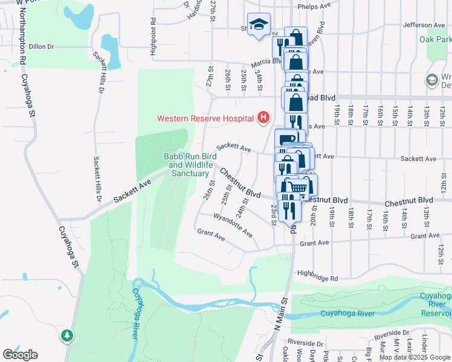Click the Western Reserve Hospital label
[x=205, y=118]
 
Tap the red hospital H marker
[x=263, y=117]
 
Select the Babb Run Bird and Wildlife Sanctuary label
[x=190, y=165]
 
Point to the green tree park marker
[x=68, y=335]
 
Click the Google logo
[x=20, y=354]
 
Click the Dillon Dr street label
[x=42, y=46]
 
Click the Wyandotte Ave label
[x=232, y=224]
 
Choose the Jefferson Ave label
[x=424, y=25]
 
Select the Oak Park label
[x=436, y=39]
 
